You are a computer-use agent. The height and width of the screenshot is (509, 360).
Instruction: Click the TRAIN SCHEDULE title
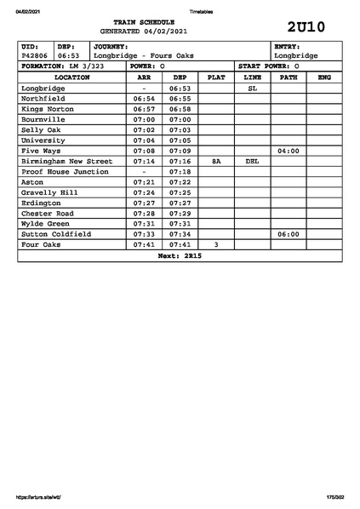click(x=144, y=22)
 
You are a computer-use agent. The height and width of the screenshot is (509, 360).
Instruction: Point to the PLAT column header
click(x=216, y=77)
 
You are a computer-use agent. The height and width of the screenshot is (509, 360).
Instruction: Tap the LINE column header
click(x=252, y=77)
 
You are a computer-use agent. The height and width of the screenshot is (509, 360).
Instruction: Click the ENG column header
click(x=323, y=77)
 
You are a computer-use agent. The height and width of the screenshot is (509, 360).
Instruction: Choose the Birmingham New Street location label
click(x=66, y=161)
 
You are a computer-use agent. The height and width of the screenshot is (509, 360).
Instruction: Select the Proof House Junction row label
click(x=65, y=171)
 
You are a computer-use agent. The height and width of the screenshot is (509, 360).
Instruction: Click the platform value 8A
click(x=216, y=161)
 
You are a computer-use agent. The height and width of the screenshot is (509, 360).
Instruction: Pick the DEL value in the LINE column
click(x=252, y=161)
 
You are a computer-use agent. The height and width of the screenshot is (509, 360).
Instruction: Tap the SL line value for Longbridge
click(x=252, y=88)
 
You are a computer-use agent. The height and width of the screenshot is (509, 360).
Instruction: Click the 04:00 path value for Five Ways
click(x=289, y=151)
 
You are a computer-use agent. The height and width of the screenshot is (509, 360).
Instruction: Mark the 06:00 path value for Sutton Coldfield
click(x=289, y=234)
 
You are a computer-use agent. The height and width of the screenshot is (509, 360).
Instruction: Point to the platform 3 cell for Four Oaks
click(x=216, y=244)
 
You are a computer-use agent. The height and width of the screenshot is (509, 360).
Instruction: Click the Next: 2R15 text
click(x=180, y=255)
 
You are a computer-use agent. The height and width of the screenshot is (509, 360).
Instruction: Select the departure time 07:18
click(x=180, y=171)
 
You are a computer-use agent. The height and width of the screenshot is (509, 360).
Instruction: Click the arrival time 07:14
click(x=144, y=161)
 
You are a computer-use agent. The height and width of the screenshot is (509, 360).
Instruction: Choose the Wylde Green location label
click(x=47, y=224)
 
